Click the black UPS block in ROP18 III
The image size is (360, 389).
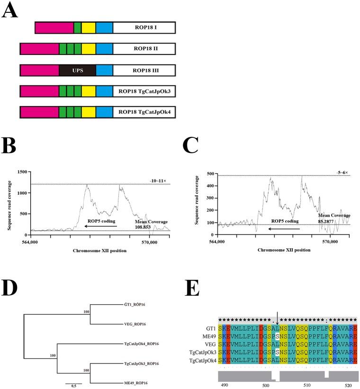[77, 71]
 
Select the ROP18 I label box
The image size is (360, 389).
[144, 27]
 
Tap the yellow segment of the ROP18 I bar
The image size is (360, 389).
[89, 27]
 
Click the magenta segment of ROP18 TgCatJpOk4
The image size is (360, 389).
[39, 112]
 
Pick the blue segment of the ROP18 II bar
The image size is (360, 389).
[104, 49]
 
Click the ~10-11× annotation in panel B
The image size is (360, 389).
[157, 180]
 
